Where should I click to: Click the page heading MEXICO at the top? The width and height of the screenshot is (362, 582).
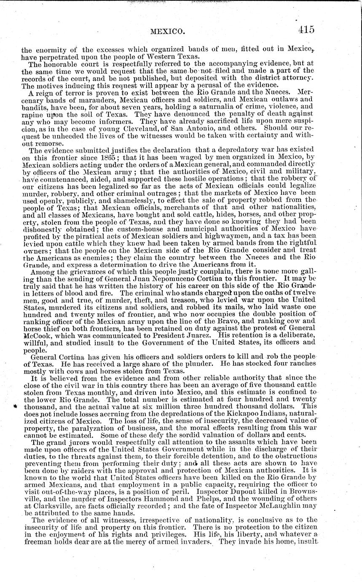pos(168,31)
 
